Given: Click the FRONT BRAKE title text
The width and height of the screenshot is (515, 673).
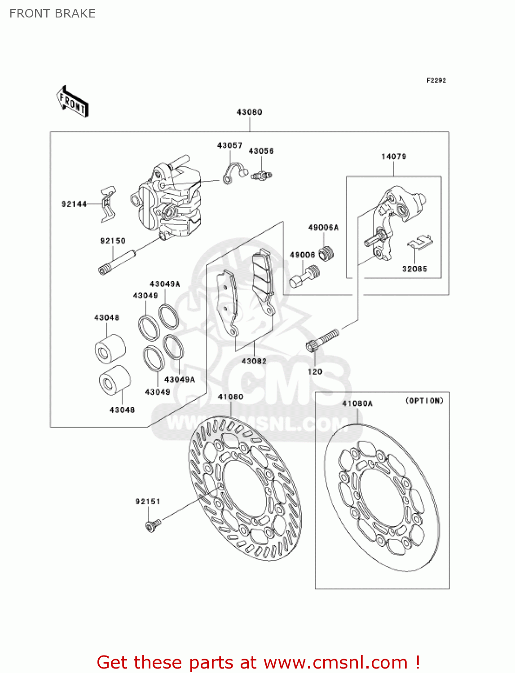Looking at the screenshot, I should pos(53,13).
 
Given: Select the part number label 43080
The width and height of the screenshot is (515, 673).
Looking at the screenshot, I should pos(249,112).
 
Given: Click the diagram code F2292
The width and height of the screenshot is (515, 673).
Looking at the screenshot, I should pos(436,80).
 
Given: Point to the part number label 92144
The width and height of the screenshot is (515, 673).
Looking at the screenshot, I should pos(74,204).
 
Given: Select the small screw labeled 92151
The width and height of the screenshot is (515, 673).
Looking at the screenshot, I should pos(152,524).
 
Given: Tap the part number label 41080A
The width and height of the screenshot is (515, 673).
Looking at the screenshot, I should pos(357,403).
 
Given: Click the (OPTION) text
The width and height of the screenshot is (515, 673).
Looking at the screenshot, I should pos(424,401).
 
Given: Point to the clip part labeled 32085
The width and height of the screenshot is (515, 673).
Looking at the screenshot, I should pos(420,242).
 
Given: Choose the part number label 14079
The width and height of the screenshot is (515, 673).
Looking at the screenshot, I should pos(394,157).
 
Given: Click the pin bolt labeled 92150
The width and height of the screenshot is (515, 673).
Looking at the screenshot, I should pos(117,262).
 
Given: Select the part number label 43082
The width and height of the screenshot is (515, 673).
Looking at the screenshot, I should pos(254,361).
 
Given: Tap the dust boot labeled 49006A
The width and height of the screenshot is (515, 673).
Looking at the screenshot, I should pos(327,253).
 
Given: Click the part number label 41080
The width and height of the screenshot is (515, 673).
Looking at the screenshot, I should pos(230,397).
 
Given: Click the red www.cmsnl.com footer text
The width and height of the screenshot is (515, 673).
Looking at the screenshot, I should pos(258,662).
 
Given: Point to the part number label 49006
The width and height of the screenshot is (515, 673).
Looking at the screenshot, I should pos(302,255).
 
